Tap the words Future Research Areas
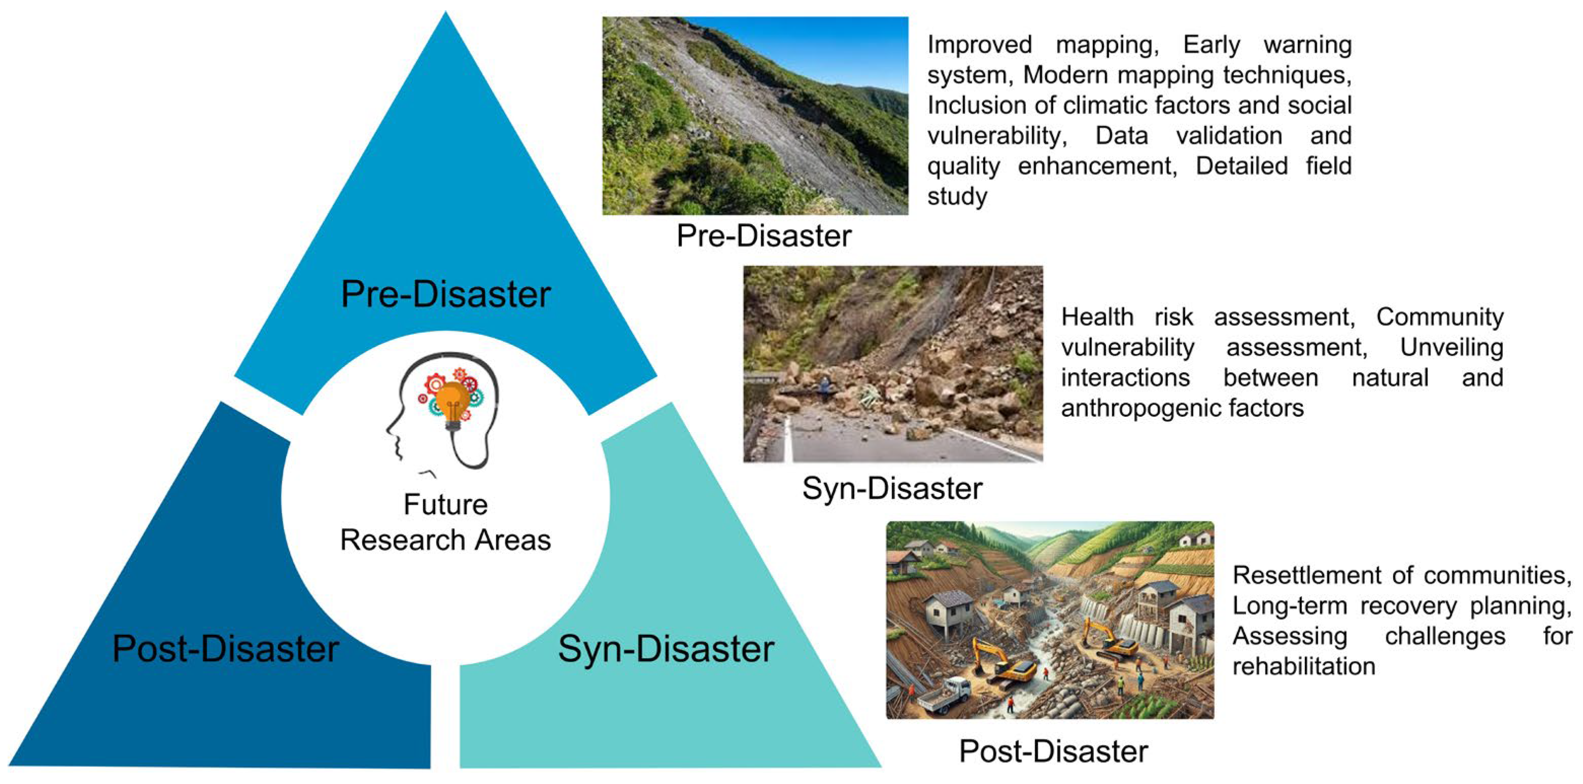445,522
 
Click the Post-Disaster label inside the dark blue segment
226,648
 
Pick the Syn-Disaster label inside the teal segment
666,648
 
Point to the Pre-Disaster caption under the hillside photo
764,236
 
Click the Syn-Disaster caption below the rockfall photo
892,488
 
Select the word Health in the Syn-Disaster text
1097,317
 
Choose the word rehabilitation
1304,667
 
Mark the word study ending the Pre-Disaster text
957,197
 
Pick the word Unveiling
1452,348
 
